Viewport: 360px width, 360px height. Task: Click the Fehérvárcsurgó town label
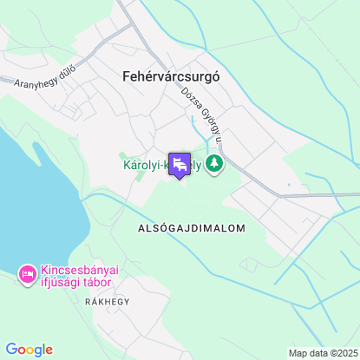[166, 75]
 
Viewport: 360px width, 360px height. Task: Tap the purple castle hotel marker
[180, 165]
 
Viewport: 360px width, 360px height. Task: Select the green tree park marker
[213, 163]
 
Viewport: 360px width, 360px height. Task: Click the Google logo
[29, 350]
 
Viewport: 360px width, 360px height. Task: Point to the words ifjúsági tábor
[81, 283]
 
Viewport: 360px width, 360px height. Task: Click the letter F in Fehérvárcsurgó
[116, 75]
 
